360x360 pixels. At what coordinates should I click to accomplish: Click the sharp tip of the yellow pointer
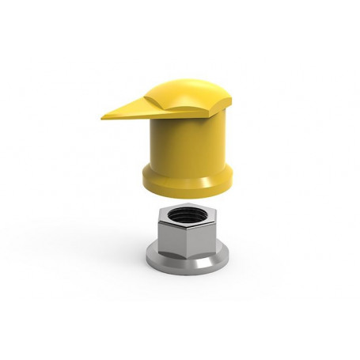coord(103,117)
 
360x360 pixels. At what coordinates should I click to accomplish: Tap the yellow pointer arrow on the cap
coord(131,109)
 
